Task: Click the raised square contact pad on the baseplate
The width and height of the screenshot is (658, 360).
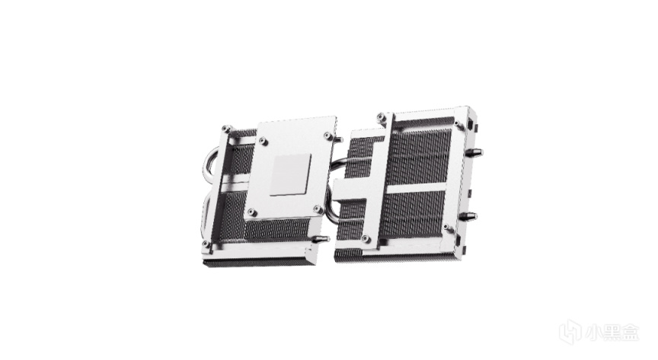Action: click(292, 174)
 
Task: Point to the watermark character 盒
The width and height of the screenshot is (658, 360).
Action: click(631, 333)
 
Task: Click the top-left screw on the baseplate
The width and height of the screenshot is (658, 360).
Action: click(263, 141)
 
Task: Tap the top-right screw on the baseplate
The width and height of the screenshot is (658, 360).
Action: click(327, 135)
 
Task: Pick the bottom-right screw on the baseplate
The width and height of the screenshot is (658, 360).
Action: click(318, 209)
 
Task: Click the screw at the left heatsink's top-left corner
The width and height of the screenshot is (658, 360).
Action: click(228, 129)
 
